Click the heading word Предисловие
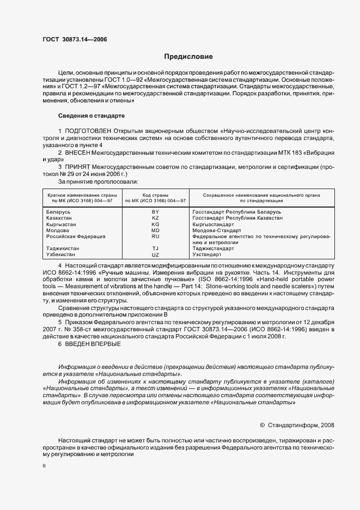(188, 57)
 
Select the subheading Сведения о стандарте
(91, 116)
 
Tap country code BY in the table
(155, 211)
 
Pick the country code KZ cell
(155, 218)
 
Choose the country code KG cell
(155, 224)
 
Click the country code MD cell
(155, 230)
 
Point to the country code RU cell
(155, 237)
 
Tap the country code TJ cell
(155, 248)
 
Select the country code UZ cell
(155, 255)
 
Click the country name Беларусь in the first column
(58, 211)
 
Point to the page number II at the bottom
(44, 466)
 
